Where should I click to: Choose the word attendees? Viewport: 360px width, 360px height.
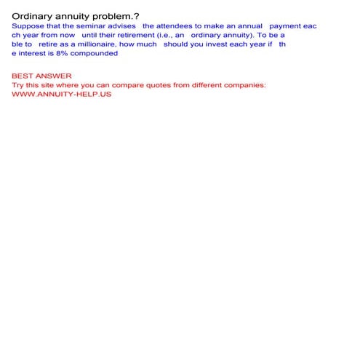click(191, 25)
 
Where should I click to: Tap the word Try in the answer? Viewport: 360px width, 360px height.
click(18, 85)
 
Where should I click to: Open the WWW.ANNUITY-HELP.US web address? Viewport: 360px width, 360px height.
click(62, 95)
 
